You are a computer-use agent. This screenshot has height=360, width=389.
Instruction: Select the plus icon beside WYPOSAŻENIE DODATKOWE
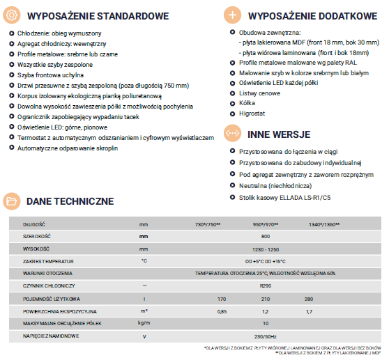click(x=232, y=15)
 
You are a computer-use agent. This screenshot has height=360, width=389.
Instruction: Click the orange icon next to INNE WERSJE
click(x=232, y=132)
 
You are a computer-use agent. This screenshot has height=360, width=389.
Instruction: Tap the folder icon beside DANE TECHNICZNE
click(x=12, y=201)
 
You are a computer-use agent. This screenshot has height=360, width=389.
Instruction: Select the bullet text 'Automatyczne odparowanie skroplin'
click(x=68, y=148)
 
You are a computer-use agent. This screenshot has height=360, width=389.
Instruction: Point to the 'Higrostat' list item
click(x=251, y=111)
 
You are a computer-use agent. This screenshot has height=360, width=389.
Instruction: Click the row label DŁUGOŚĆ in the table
click(x=34, y=225)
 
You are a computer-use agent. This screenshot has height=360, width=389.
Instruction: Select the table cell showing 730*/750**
click(x=208, y=225)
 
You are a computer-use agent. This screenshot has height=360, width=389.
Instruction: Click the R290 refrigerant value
click(x=266, y=286)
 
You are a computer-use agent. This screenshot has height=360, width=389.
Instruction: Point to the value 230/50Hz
click(x=266, y=336)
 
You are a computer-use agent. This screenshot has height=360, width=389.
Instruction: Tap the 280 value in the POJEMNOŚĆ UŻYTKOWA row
click(x=309, y=299)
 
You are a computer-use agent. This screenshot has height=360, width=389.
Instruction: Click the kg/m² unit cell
click(x=144, y=324)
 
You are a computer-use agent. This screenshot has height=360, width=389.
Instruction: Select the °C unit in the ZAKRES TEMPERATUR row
click(x=144, y=261)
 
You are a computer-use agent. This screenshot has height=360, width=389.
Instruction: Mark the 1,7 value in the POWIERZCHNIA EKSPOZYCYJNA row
click(x=309, y=311)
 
